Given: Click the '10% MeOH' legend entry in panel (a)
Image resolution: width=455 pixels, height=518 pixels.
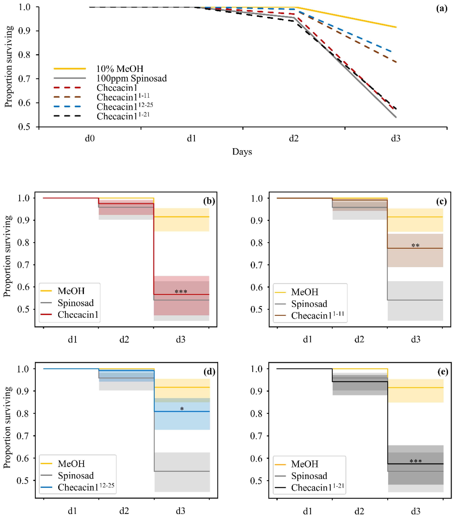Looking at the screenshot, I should point(120,69).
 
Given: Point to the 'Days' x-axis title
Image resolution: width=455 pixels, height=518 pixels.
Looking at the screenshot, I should point(242,151).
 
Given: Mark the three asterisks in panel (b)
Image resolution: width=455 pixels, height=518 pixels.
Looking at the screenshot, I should point(181,292).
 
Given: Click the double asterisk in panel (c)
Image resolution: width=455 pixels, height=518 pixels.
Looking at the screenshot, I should point(415,245).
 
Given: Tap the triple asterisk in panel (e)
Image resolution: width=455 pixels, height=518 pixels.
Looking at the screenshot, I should point(416,461).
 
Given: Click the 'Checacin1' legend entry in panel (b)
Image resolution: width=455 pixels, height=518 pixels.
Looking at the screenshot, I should point(78,314).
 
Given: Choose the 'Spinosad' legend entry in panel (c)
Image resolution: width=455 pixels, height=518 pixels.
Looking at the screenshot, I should point(309,304).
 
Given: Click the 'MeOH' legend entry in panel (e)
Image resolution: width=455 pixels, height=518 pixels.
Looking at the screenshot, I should point(304,464).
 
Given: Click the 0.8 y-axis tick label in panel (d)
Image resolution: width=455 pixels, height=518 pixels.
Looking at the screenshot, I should point(23,413).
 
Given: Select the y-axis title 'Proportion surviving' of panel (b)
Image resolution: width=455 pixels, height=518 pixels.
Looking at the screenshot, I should point(8,256).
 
